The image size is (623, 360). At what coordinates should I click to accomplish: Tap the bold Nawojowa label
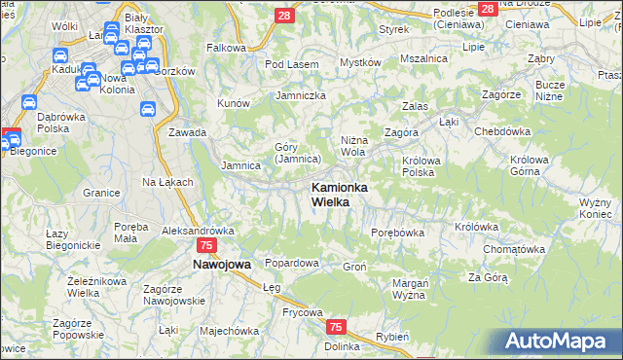pos(221,264)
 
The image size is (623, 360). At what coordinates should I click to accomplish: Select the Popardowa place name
pos(292,263)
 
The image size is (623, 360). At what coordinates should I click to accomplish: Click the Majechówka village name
pos(227,331)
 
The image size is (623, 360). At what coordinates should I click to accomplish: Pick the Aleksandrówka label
pos(199,231)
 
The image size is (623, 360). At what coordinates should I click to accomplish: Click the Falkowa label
pos(226,47)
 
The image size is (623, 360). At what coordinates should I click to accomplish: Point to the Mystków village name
pos(359,62)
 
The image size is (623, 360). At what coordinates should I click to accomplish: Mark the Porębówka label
pos(398,233)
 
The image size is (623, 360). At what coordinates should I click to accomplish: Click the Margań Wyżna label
pos(410,289)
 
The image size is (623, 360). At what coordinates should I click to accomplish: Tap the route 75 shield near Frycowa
pos(336,328)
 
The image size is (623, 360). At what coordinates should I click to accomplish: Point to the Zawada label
pos(187,132)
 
